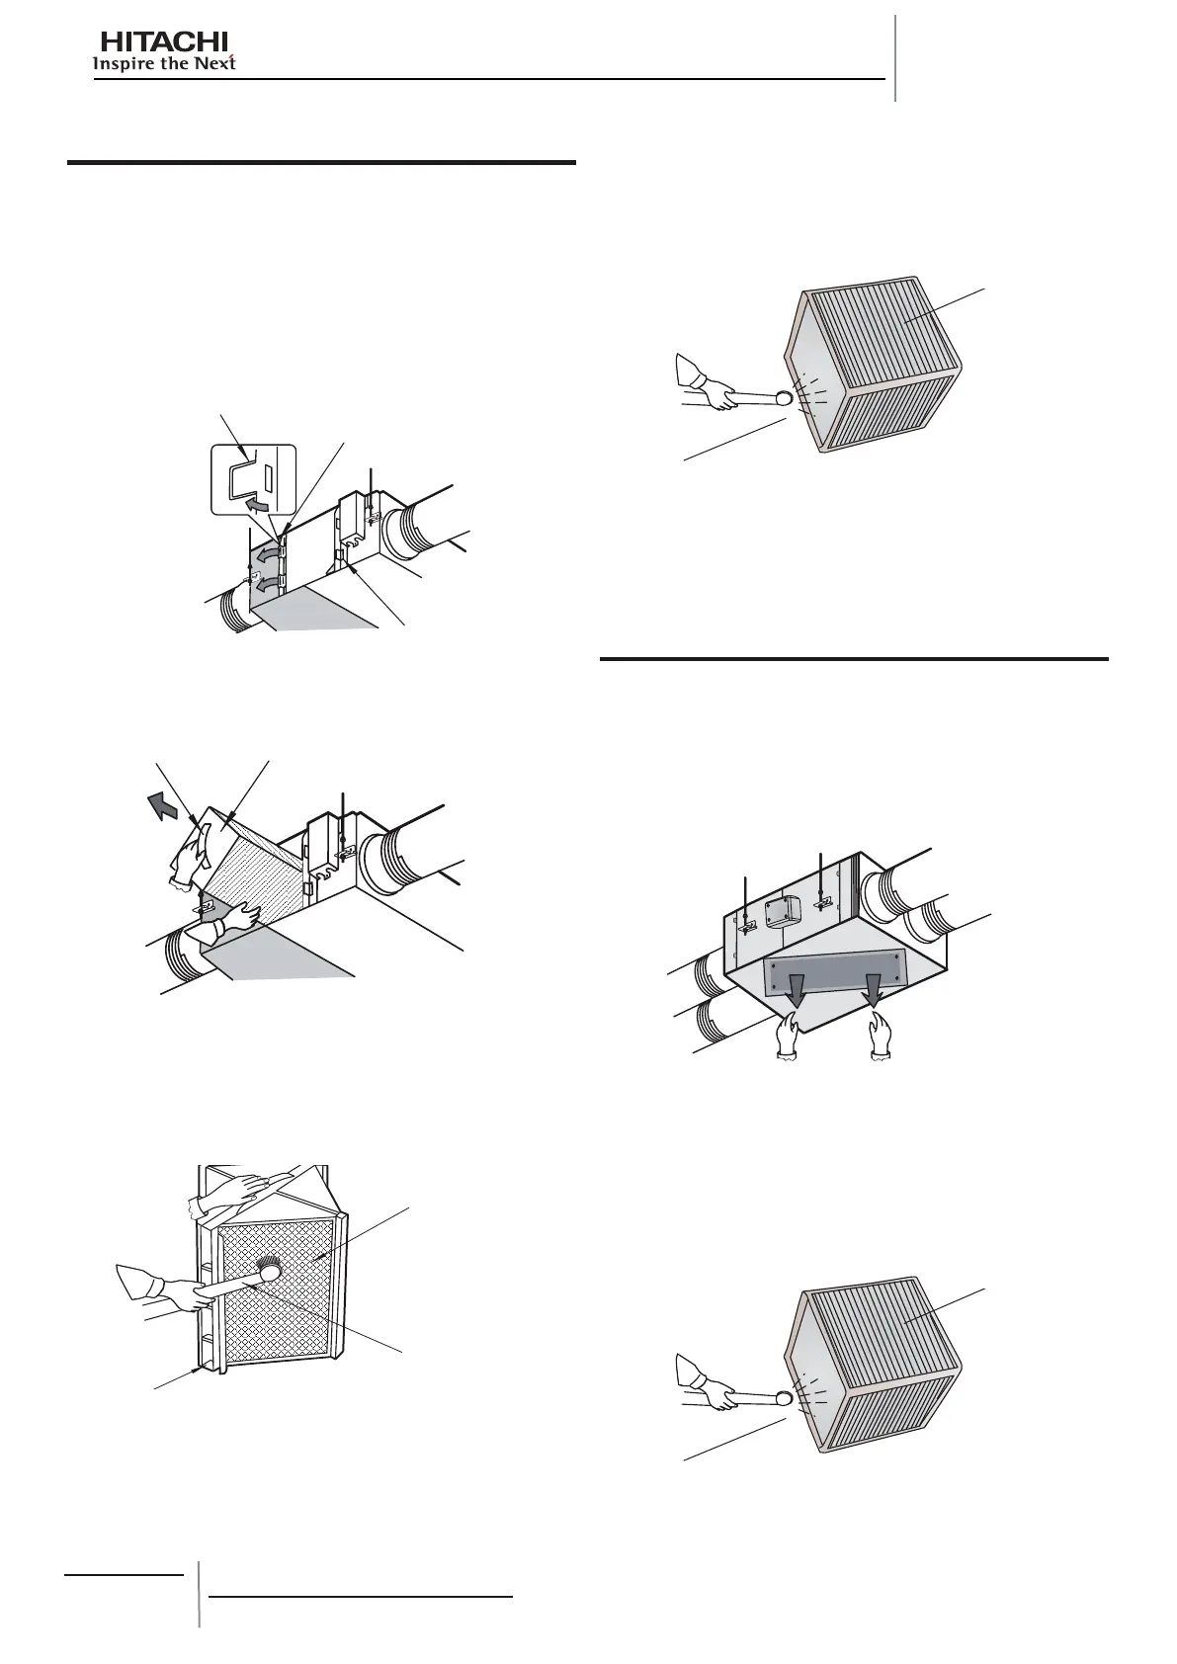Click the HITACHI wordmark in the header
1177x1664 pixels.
(x=164, y=42)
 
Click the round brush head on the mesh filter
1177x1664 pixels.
(x=267, y=1269)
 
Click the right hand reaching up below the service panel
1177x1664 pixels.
(x=880, y=1043)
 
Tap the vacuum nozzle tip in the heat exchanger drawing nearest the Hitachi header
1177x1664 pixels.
(x=783, y=397)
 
